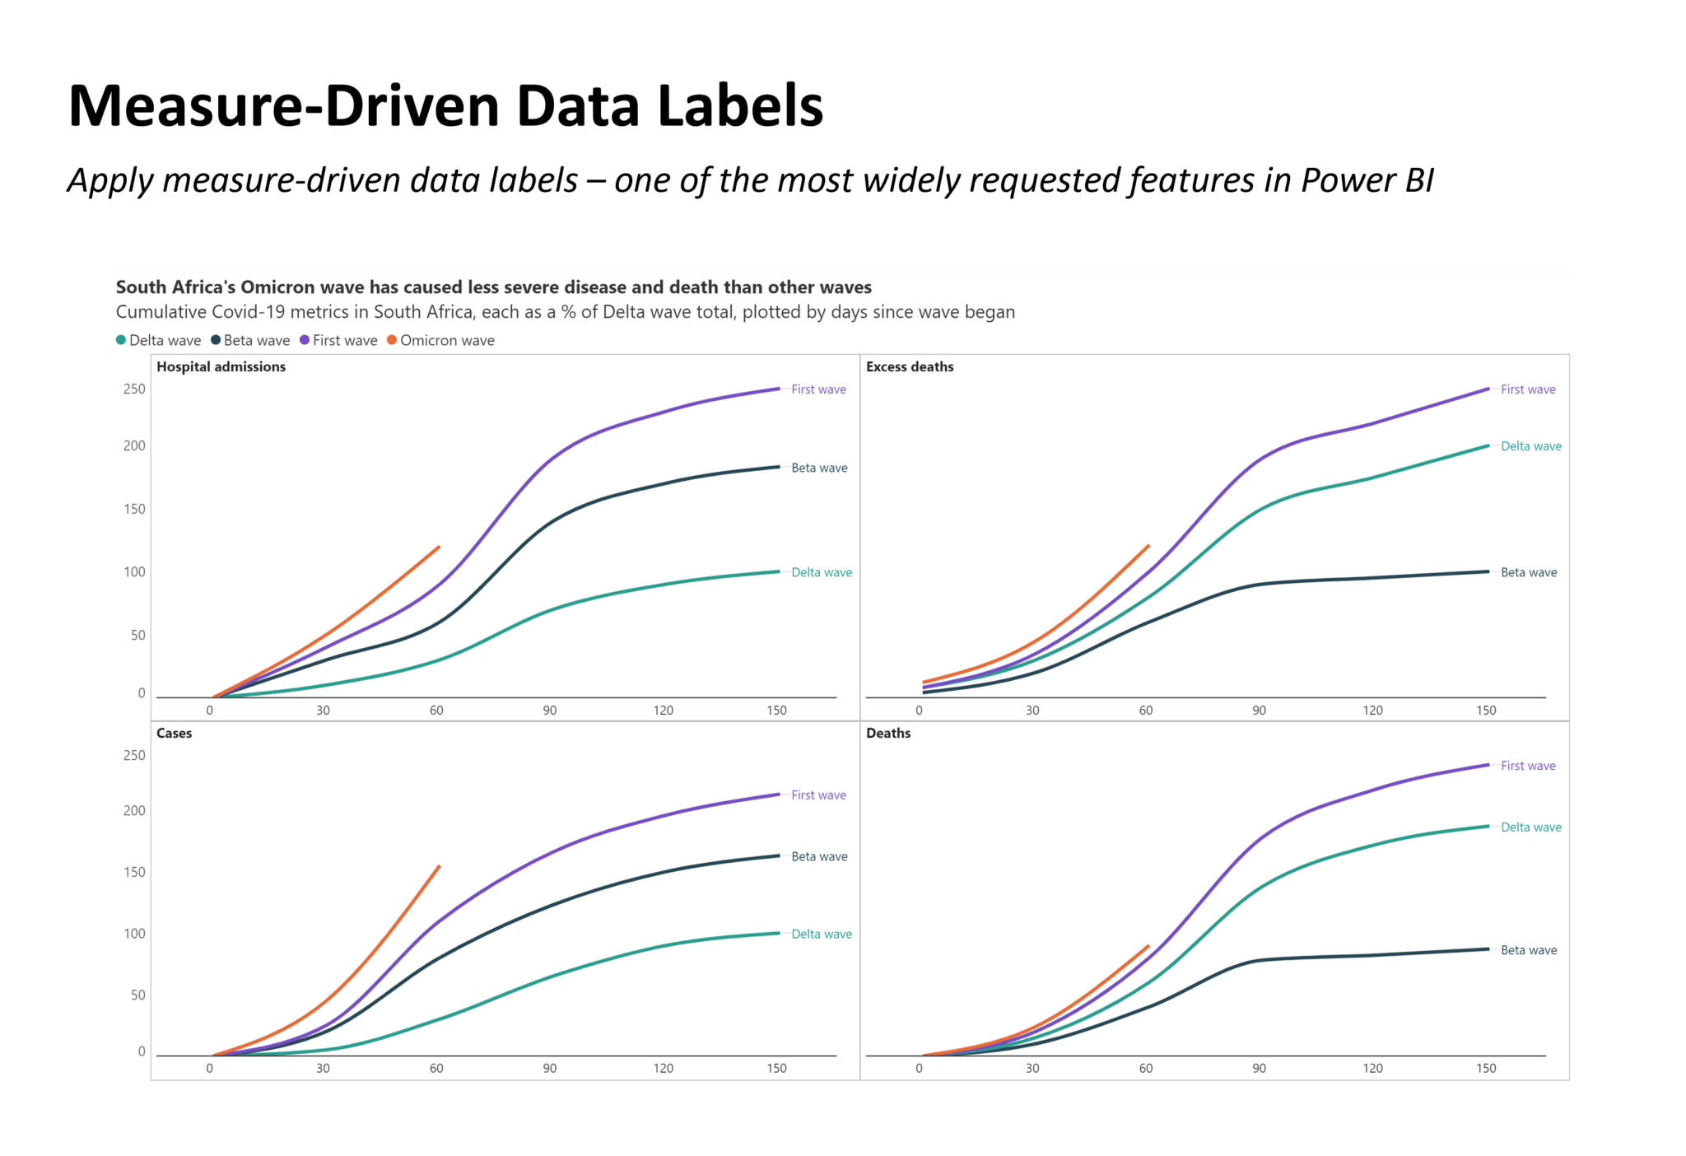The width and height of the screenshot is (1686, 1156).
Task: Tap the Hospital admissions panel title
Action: click(221, 366)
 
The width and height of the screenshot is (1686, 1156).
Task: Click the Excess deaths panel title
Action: click(910, 366)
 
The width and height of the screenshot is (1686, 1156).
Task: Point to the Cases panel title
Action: click(174, 733)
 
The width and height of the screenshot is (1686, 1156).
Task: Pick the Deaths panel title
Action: click(888, 733)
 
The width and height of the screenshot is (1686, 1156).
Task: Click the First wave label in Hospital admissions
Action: click(818, 389)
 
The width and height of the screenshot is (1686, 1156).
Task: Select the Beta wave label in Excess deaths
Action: click(1529, 572)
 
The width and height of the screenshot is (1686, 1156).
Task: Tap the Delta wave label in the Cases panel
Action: click(821, 934)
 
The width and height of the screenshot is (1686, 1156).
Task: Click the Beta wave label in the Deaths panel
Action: click(1529, 950)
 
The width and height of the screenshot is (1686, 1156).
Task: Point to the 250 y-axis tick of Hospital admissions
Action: click(134, 389)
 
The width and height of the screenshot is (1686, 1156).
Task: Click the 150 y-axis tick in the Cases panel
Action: click(134, 872)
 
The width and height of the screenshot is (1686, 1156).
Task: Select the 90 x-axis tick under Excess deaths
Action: click(1259, 710)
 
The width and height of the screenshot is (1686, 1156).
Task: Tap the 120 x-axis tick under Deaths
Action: click(1372, 1068)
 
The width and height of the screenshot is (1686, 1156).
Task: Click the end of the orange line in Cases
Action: click(440, 866)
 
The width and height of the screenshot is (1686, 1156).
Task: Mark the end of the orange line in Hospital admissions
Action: click(439, 547)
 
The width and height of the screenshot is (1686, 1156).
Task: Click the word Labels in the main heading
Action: click(739, 106)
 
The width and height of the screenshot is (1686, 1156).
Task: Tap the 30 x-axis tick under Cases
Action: click(323, 1068)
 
